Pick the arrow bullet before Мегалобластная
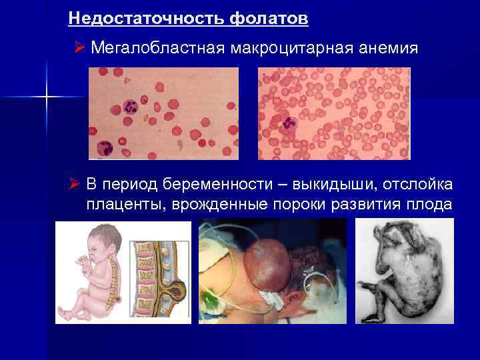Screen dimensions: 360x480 (x=79, y=48)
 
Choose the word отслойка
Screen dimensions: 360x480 (x=420, y=184)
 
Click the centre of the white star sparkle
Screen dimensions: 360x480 (x=47, y=97)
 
